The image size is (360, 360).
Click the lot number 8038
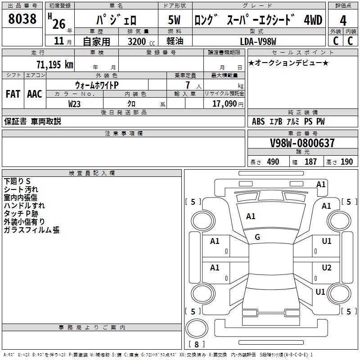coord(22,19)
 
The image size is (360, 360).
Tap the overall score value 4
coord(343,21)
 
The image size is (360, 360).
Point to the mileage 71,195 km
coord(54,64)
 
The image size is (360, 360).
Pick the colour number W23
coord(74,104)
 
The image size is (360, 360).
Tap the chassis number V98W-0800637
coord(302,144)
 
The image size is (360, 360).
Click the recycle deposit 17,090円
coord(227,104)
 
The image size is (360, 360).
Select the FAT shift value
coord(13,94)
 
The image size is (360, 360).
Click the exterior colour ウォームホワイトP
coord(96,85)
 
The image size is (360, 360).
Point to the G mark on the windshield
coord(257,237)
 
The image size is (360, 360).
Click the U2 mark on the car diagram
coord(326,268)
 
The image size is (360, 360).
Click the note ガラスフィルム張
coord(31,230)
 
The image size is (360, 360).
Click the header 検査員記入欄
coord(92,173)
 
